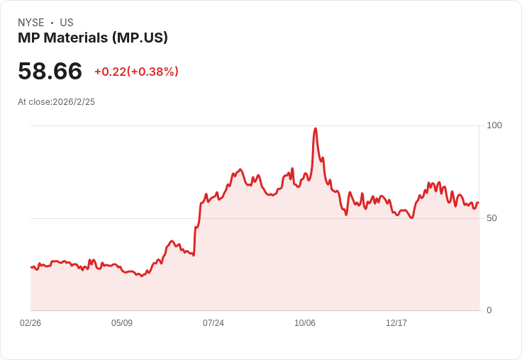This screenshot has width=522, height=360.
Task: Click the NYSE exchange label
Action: click(31, 23)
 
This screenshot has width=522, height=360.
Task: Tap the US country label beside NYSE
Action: click(67, 23)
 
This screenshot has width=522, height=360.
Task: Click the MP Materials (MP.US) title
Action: click(93, 38)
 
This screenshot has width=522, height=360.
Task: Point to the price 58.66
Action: click(50, 71)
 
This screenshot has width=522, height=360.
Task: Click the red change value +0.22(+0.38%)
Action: click(136, 72)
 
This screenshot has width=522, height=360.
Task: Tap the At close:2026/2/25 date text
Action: click(57, 102)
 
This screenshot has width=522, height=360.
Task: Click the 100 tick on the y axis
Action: click(494, 125)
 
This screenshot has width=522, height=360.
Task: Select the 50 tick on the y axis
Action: click(492, 218)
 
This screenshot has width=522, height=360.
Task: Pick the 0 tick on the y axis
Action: click(489, 310)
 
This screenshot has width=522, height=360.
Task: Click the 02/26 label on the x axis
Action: click(30, 323)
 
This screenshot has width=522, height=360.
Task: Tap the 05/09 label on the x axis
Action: click(122, 323)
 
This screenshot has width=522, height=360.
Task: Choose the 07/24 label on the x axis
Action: click(213, 323)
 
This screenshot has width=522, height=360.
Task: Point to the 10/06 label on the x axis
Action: click(305, 323)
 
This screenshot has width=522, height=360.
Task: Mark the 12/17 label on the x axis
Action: click(396, 323)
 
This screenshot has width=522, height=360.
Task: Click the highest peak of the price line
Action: click(315, 129)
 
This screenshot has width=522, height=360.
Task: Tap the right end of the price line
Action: click(478, 203)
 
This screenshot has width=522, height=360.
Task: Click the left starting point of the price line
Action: click(31, 267)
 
